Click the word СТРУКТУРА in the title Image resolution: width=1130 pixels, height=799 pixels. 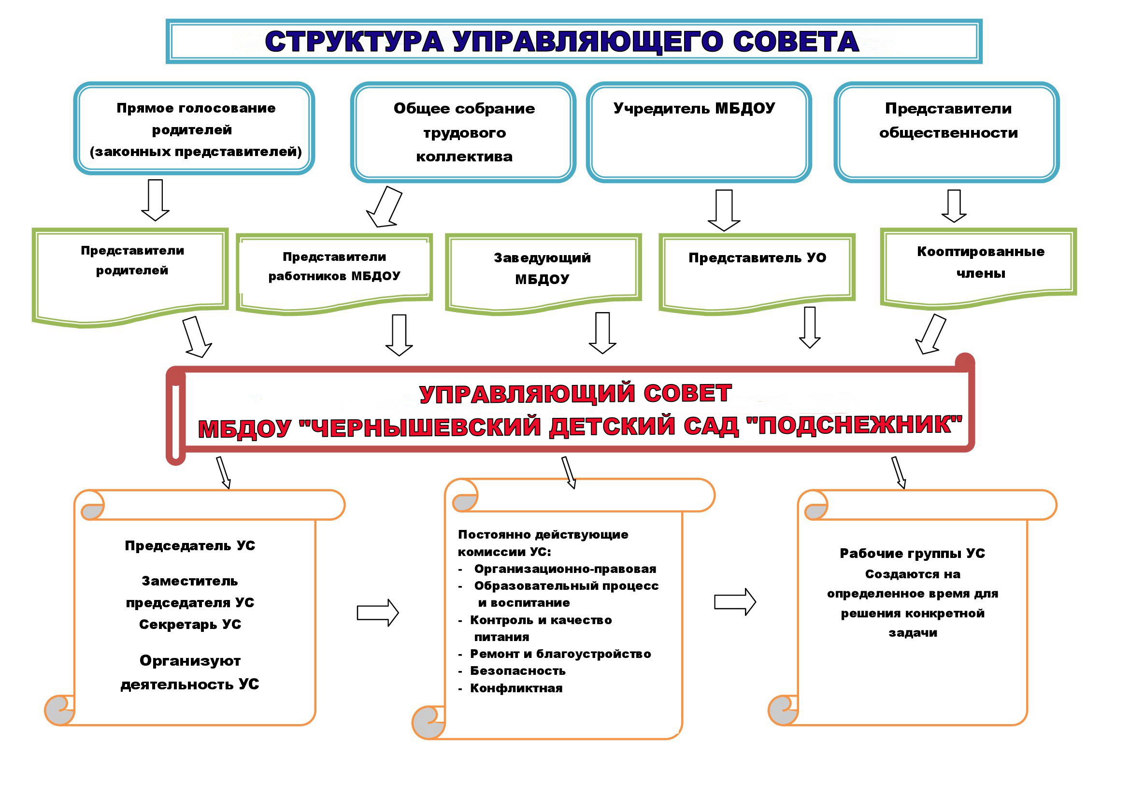coord(354,42)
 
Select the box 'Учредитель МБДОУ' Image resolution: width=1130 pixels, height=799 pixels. coord(699,132)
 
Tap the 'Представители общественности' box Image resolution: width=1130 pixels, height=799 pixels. coord(946,132)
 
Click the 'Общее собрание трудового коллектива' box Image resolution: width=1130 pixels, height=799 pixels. coord(463,132)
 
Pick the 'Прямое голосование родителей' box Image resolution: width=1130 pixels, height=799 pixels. coord(194,128)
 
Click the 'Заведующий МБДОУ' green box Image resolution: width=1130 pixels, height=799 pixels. coord(544,273)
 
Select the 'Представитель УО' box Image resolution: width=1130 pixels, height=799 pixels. coord(757,273)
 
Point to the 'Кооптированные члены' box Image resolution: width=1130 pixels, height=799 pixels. coord(978,269)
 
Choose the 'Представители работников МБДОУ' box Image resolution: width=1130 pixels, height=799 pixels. coord(334,273)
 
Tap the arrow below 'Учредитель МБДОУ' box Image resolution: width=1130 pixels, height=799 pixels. coord(724,211)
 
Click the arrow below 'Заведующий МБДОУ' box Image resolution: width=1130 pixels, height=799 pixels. coord(602,333)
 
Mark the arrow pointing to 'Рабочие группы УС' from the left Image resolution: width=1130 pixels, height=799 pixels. coord(735,602)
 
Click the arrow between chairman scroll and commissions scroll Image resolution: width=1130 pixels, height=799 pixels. coord(377,613)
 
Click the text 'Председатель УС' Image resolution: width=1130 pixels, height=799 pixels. coord(190,545)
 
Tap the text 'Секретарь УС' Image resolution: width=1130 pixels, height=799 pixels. coord(190,624)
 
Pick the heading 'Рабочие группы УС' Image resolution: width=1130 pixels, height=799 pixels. coord(913,554)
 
